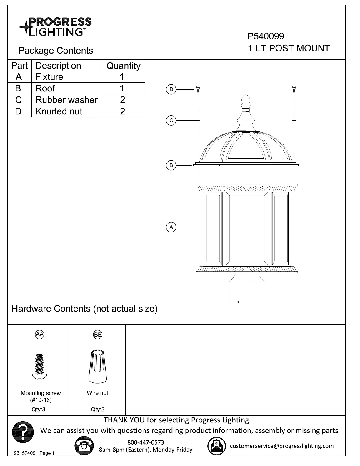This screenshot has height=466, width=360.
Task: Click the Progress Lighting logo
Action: click(x=55, y=27)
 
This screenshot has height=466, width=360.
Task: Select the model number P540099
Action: click(x=266, y=36)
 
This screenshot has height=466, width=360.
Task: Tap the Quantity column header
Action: click(x=123, y=66)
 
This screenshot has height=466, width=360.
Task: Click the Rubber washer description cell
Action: click(x=66, y=100)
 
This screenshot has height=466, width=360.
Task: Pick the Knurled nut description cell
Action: click(x=59, y=111)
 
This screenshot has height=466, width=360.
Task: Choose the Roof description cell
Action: click(x=45, y=88)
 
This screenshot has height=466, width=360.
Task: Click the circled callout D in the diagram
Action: click(x=171, y=89)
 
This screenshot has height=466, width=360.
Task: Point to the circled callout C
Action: click(x=171, y=120)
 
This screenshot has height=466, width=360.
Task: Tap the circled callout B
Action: click(x=171, y=165)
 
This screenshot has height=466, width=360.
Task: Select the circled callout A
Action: click(x=171, y=227)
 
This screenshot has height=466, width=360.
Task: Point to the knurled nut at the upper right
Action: click(x=294, y=88)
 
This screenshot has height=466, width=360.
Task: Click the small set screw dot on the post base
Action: click(x=238, y=302)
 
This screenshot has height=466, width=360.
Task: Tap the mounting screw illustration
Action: click(x=39, y=366)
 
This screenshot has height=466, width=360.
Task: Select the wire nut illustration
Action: click(x=97, y=366)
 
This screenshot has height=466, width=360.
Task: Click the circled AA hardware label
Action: click(x=39, y=334)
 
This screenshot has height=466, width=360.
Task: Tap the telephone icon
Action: click(x=84, y=446)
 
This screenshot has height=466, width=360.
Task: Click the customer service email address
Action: click(x=281, y=446)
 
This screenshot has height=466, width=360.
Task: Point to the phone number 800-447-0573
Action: click(x=146, y=442)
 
